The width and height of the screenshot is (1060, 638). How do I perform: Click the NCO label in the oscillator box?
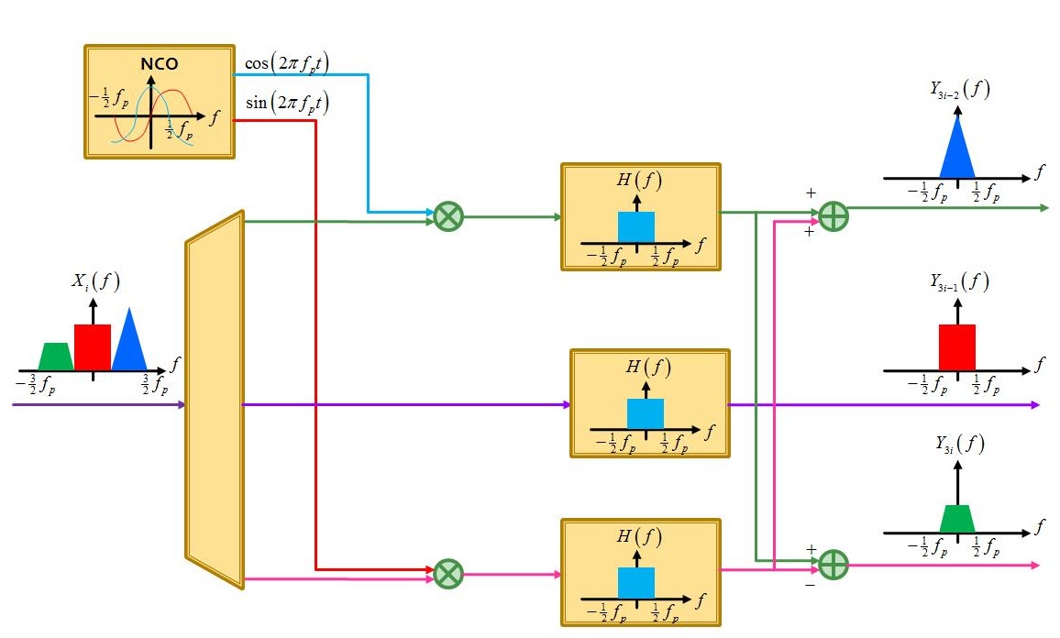coord(159,65)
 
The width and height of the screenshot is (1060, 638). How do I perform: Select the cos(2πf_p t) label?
coord(287,64)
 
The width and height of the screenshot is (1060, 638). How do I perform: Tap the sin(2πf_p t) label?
coord(287,103)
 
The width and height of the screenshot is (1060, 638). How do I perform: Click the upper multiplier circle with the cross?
coord(448,217)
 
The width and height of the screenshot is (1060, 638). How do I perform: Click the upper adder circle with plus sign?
coord(834,216)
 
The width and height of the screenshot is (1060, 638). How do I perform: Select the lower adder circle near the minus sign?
coord(834,563)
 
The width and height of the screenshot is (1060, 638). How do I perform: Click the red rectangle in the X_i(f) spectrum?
coord(93,347)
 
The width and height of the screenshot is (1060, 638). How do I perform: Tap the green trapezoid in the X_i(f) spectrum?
coord(56,357)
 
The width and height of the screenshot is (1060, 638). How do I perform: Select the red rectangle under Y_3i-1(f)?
coord(957,347)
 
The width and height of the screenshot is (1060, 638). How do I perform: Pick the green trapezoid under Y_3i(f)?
coord(957,519)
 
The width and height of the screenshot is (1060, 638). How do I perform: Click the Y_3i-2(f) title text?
coord(959,90)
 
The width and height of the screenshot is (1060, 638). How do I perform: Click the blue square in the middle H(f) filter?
coord(645,413)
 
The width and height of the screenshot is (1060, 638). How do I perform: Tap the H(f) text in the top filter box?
coord(639,181)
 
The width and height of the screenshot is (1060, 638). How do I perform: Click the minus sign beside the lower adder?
coord(810,584)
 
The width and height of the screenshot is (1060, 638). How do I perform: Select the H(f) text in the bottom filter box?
coord(639,537)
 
